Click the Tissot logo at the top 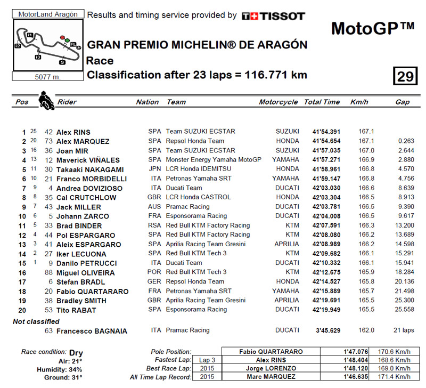(x=273, y=16)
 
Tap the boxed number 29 (x=405, y=76)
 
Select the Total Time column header (x=322, y=102)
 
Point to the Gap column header (x=402, y=102)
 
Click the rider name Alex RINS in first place (x=73, y=132)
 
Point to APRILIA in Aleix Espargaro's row (x=286, y=244)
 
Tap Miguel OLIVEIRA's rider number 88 (x=49, y=272)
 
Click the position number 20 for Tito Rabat (x=21, y=310)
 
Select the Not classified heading (x=36, y=321)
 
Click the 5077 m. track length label (x=47, y=76)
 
